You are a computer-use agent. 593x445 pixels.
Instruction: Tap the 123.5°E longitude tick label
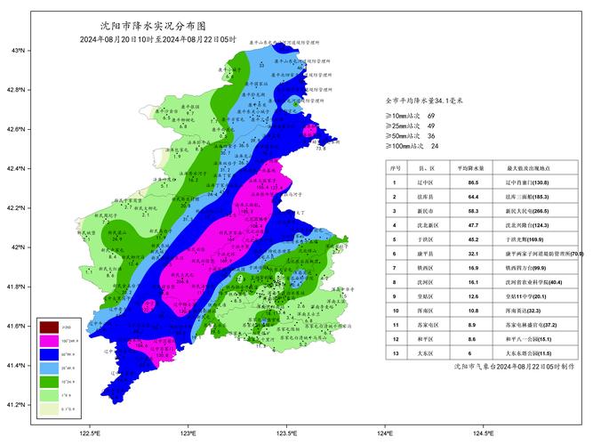tap(286, 433)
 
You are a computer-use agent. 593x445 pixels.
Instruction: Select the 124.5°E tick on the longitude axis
tap(483, 433)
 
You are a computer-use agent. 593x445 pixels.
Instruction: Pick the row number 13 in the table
tap(395, 352)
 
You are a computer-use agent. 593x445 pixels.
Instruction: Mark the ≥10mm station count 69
tap(432, 117)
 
